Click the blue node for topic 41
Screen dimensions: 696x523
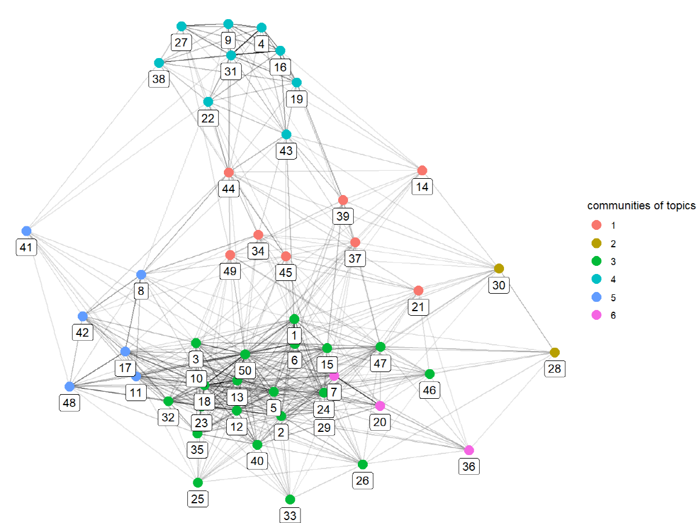pyautogui.click(x=26, y=230)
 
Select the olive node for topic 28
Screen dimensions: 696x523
pyautogui.click(x=554, y=352)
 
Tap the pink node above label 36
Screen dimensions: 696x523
pyautogui.click(x=469, y=450)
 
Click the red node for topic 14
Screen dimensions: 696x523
pyautogui.click(x=422, y=171)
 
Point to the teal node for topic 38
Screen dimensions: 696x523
pyautogui.click(x=159, y=63)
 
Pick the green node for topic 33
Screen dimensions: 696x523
pyautogui.click(x=290, y=500)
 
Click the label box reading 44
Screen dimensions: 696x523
pyautogui.click(x=229, y=189)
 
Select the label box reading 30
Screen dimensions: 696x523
pyautogui.click(x=499, y=285)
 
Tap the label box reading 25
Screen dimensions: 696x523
pyautogui.click(x=198, y=499)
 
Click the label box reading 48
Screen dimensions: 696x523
pyautogui.click(x=70, y=403)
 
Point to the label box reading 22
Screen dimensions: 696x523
pyautogui.click(x=208, y=118)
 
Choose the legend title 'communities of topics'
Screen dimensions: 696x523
pyautogui.click(x=641, y=205)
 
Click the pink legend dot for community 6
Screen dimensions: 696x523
pyautogui.click(x=596, y=315)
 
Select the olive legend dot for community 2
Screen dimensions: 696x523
pyautogui.click(x=596, y=243)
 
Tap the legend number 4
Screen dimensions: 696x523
pyautogui.click(x=613, y=279)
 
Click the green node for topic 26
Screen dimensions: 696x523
pyautogui.click(x=362, y=464)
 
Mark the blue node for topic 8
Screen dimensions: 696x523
pyautogui.click(x=141, y=275)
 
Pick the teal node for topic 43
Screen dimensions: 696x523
pyautogui.click(x=286, y=134)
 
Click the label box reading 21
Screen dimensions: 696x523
pyautogui.click(x=418, y=307)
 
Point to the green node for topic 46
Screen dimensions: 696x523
pyautogui.click(x=429, y=374)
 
